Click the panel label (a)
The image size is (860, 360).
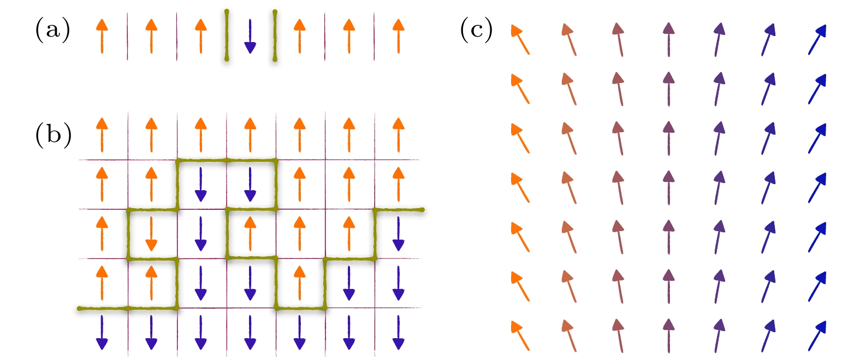(52, 29)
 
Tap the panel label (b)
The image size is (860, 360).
(54, 135)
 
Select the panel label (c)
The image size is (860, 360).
(477, 29)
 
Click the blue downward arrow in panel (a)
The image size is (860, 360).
(250, 36)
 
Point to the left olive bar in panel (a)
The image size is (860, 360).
(227, 36)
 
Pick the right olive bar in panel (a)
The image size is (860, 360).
(275, 36)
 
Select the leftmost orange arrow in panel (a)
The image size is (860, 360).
(102, 36)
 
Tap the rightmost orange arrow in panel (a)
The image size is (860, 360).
(399, 36)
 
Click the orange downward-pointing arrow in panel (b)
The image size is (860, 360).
(151, 234)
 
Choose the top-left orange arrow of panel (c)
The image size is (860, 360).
(520, 39)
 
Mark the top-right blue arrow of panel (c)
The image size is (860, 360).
(817, 39)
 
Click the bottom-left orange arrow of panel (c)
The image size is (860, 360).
(520, 336)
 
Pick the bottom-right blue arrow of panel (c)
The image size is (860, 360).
(817, 336)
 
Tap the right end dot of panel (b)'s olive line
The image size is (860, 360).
(422, 210)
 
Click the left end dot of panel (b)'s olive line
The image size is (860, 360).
(79, 309)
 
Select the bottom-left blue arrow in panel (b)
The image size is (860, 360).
(102, 332)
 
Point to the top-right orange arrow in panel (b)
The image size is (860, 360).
(399, 135)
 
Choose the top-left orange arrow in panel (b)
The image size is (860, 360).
(102, 135)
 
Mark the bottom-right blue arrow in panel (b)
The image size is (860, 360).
(399, 332)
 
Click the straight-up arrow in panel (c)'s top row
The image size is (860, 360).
(669, 39)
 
